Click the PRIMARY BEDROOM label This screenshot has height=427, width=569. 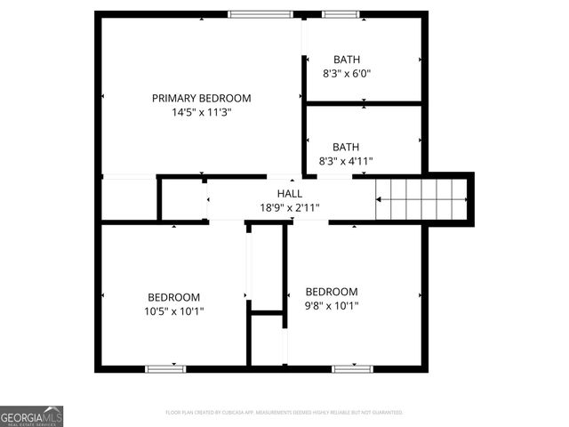(201, 98)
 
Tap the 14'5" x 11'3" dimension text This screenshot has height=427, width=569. (201, 113)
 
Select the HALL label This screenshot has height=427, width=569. (289, 193)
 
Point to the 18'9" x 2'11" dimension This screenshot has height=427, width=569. (289, 207)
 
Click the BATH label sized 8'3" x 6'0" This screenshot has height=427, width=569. (347, 59)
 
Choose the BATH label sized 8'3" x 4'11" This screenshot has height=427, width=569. (347, 147)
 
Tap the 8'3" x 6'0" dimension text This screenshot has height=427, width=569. (347, 74)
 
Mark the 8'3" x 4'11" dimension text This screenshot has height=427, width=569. (347, 161)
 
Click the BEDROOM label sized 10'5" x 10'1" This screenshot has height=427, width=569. (173, 297)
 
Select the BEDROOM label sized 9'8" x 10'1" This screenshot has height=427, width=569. (332, 292)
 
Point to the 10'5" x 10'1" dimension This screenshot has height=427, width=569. (173, 311)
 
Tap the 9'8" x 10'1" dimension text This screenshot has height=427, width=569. (332, 307)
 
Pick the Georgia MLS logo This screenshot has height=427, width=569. (32, 416)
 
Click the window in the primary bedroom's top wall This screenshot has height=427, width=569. (260, 13)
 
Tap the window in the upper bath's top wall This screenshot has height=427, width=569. (341, 13)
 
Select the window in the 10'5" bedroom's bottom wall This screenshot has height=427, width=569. (166, 368)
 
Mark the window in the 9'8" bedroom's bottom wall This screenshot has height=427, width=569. (351, 368)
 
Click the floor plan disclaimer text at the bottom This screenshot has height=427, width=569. (284, 413)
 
